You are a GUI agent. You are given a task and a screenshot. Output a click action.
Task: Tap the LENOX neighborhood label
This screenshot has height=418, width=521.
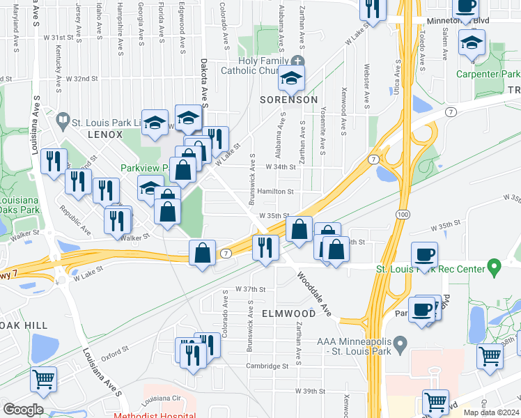[x=104, y=132]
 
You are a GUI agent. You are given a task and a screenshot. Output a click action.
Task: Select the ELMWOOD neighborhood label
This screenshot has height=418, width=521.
[x=288, y=313]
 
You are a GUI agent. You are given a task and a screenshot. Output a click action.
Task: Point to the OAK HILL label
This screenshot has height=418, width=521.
[x=24, y=325]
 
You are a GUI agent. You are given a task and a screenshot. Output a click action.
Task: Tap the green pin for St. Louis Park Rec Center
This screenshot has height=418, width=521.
[x=495, y=265]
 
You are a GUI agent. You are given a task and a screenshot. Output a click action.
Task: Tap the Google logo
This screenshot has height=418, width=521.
[x=23, y=410]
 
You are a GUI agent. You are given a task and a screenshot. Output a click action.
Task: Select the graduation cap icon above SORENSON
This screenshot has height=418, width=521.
[x=292, y=78]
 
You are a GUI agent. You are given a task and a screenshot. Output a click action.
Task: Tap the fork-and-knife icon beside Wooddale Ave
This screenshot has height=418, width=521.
[x=265, y=248]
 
